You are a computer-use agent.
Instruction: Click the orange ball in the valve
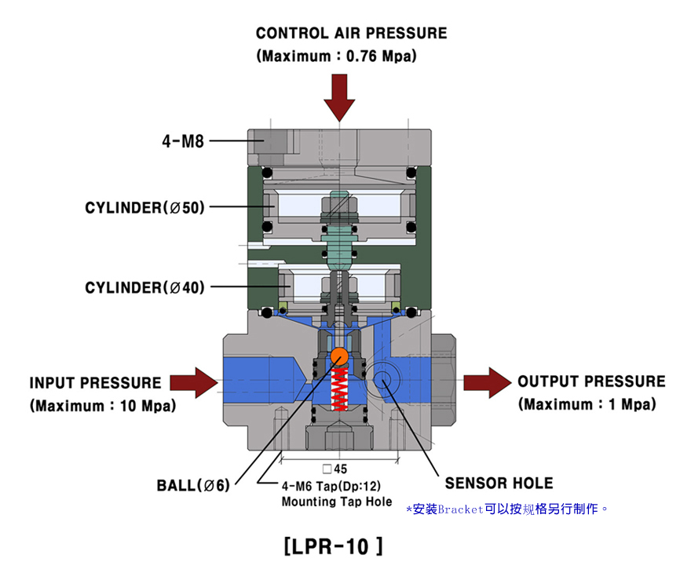339,356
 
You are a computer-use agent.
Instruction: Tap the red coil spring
339,389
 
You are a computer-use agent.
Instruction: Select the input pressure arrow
194,383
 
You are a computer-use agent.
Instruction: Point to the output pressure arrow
488,382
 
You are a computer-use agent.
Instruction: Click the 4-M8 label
183,141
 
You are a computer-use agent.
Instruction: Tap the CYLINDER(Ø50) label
145,207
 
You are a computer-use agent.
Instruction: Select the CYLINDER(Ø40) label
145,287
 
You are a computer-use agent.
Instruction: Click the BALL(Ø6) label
193,485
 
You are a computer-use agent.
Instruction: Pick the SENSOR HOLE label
499,484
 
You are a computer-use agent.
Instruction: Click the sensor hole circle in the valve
382,378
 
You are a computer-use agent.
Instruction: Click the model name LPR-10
333,546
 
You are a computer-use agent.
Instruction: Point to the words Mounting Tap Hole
337,502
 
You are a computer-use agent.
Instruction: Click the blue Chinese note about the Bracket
506,509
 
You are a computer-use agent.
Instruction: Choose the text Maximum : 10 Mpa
103,406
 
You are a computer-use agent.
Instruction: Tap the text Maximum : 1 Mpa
587,404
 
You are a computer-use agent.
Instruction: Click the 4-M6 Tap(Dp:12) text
331,486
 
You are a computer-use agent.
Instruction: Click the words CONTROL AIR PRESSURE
351,33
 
